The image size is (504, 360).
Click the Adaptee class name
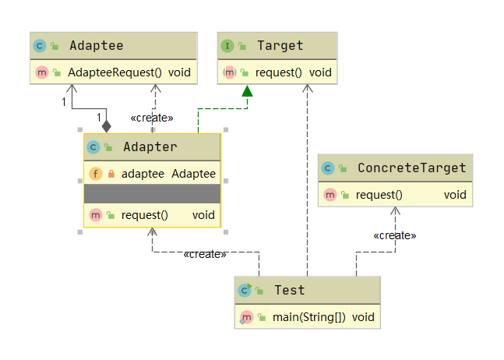pos(97,46)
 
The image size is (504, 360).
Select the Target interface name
pos(280,46)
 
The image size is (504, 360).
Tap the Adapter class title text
pos(150,147)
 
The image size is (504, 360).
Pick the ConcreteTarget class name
pos(412,168)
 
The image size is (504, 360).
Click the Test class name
pos(289,290)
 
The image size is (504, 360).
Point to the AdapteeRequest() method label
pos(115,72)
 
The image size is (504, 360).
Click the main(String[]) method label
pos(309,317)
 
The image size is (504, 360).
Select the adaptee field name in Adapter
pos(143,174)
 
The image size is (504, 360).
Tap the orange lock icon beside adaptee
pos(111,174)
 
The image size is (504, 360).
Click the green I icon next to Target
pos(227,46)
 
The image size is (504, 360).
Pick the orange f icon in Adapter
pos(96,174)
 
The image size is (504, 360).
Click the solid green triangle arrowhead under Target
pos(247,91)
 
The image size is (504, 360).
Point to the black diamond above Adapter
pos(107,126)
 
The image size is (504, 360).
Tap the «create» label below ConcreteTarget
pos(395,235)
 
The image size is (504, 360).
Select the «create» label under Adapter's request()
pos(205,254)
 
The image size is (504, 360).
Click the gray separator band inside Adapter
pos(152,193)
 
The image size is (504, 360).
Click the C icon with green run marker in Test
pos(245,290)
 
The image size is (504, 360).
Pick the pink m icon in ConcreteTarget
pos(330,195)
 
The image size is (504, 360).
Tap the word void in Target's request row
pos(320,72)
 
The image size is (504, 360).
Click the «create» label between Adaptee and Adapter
pos(152,118)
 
